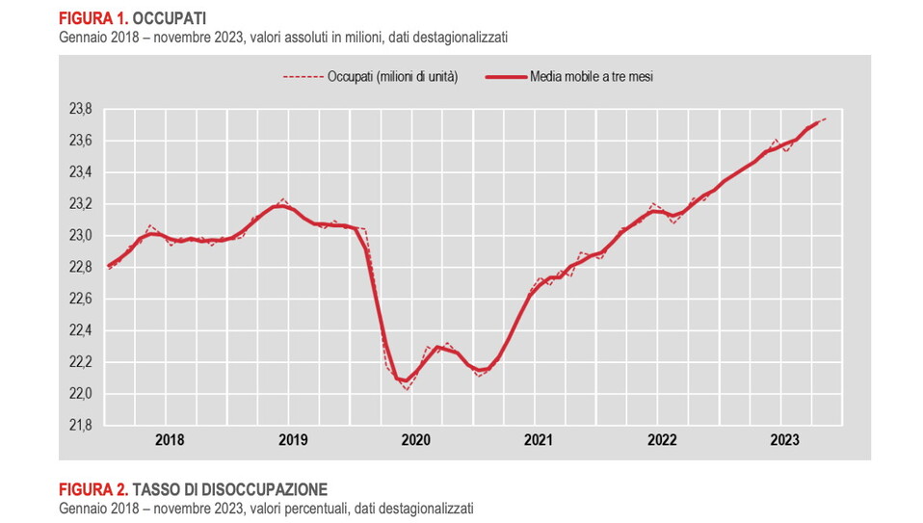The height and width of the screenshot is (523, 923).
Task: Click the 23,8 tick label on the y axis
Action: click(x=80, y=109)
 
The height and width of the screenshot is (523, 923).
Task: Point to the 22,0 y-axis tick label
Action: click(x=80, y=394)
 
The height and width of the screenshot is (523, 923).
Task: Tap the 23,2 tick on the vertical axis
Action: click(x=80, y=204)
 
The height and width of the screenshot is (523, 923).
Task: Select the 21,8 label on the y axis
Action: click(x=80, y=426)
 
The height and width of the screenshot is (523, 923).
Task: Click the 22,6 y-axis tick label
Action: click(x=80, y=300)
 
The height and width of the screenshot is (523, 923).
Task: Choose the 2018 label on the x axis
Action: click(x=170, y=440)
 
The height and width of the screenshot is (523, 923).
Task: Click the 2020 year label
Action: click(x=415, y=440)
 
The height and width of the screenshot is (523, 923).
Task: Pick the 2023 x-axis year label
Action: click(x=784, y=440)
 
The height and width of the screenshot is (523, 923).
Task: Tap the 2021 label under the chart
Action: click(x=539, y=440)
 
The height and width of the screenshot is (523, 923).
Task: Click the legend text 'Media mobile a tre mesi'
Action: click(x=592, y=76)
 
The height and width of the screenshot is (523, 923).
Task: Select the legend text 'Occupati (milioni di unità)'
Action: click(x=392, y=76)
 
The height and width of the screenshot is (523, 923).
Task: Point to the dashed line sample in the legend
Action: click(x=302, y=76)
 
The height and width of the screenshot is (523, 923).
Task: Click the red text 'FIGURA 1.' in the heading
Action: click(x=92, y=18)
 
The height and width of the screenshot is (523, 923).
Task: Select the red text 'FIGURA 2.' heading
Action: click(x=93, y=488)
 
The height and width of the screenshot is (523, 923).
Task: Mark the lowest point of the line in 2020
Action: click(x=407, y=388)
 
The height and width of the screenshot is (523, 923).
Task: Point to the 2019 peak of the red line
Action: click(x=282, y=200)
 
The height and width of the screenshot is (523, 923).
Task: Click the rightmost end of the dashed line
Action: click(x=827, y=118)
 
